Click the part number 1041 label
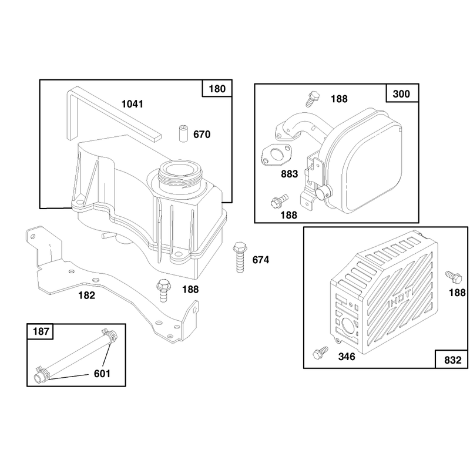132,105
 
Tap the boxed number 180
217,89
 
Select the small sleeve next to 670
182,134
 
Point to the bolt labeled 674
240,257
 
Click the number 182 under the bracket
86,296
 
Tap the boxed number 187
41,331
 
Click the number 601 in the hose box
102,374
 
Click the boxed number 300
401,94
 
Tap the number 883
289,174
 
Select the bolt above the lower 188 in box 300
280,202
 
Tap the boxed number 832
452,360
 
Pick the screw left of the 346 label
320,353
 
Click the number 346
347,357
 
